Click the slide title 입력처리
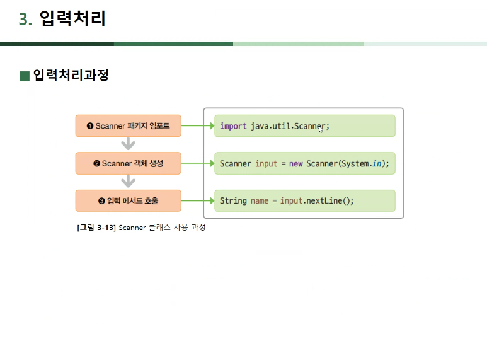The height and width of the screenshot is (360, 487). (72, 19)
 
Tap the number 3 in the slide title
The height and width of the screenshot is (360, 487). (24, 20)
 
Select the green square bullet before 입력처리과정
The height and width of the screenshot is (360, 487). (25, 76)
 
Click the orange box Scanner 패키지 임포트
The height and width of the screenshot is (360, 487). (128, 126)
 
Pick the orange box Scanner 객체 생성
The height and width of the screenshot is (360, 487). (128, 163)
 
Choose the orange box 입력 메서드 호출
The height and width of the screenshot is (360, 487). (128, 201)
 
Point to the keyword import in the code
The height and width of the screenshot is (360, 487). (233, 126)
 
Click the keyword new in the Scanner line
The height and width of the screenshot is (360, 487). (296, 164)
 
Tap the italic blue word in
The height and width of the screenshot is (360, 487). (377, 164)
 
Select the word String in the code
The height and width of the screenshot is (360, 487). (233, 201)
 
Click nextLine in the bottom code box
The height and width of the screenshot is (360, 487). (325, 201)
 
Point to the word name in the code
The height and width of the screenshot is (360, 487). (260, 201)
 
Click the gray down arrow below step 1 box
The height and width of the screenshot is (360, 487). (129, 144)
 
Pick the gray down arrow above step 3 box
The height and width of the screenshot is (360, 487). (129, 182)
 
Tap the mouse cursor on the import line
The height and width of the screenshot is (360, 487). (321, 129)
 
